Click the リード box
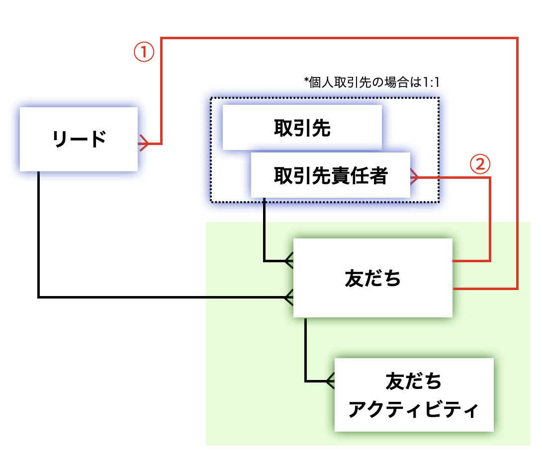(79, 139)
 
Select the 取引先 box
(302, 128)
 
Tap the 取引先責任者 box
(330, 175)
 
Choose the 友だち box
(372, 278)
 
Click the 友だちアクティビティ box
(414, 395)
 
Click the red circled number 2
(480, 164)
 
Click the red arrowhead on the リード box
(143, 144)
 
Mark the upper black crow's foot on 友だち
(289, 260)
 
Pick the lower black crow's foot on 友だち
(289, 297)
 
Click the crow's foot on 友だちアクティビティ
(330, 381)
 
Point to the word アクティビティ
(413, 410)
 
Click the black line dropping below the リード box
(38, 233)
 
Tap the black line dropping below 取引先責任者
(264, 228)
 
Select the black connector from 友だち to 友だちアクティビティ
(306, 353)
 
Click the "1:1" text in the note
(431, 82)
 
